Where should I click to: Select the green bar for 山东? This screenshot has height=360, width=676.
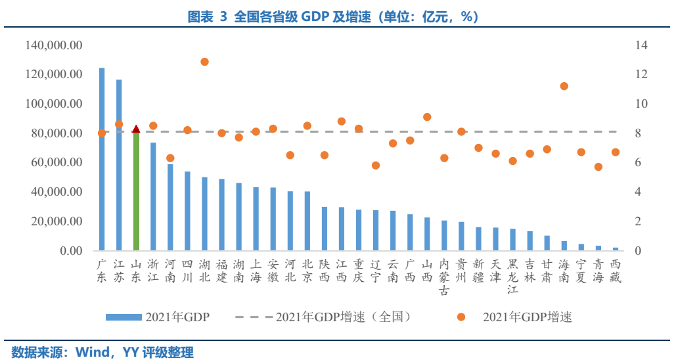coord(136,191)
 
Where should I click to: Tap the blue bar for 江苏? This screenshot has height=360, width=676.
coord(119,165)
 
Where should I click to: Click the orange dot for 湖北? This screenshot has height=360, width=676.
coord(204,62)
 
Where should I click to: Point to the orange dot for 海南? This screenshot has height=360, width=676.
coord(564,86)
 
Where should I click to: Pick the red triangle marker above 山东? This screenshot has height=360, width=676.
coord(136,129)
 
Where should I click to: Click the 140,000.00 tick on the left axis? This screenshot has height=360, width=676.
coord(54,45)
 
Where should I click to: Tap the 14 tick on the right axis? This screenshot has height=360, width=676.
coord(641,45)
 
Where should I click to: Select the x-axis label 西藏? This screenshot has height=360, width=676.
coord(615,270)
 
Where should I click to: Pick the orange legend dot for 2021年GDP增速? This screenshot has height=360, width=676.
coord(461,317)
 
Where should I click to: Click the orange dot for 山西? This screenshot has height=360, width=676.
coord(427,117)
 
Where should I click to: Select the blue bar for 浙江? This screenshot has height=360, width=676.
coord(153,196)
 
